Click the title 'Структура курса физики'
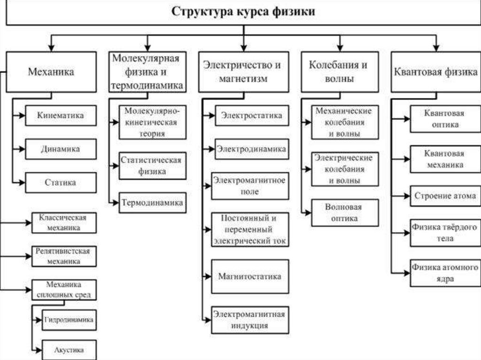point(243,12)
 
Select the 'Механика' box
point(51,72)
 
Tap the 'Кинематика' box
point(61,115)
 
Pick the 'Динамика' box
point(61,149)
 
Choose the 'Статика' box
point(61,182)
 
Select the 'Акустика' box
point(69,350)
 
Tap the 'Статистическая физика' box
point(151,166)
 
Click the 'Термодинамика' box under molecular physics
point(151,203)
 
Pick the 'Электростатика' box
point(252,115)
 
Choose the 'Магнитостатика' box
point(249,276)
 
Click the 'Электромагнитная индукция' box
point(249,320)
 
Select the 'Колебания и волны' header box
point(338,72)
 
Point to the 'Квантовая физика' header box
point(435,72)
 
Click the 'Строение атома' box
point(444,195)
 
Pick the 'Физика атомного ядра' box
point(444,273)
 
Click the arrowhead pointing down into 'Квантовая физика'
point(435,48)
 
